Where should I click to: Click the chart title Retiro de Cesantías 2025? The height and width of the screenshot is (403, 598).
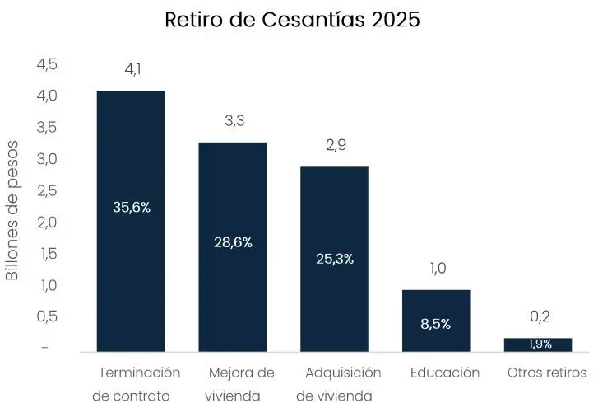(292, 20)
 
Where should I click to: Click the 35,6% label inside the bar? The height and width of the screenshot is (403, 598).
(132, 208)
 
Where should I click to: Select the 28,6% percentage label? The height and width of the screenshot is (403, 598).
(233, 242)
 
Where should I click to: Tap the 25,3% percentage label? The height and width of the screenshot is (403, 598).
(335, 259)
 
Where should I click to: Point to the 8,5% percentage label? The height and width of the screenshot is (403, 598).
(436, 324)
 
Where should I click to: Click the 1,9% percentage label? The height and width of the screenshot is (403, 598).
(540, 344)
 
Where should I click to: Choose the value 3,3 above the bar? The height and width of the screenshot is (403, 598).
(234, 121)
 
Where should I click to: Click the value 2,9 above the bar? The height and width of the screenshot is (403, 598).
(336, 145)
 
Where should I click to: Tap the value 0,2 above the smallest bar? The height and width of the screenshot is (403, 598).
(540, 316)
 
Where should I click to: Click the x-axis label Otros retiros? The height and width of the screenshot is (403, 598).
(547, 373)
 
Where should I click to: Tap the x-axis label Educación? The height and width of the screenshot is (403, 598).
(444, 373)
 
